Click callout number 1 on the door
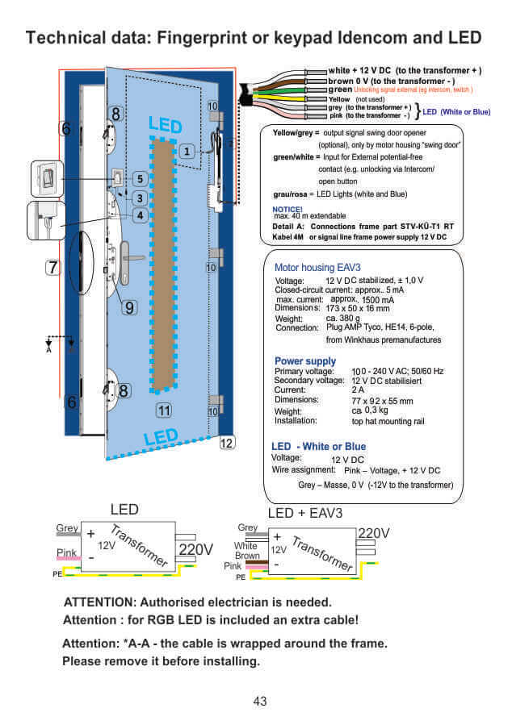(187, 151)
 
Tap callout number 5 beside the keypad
(140, 178)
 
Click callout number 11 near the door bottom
(164, 410)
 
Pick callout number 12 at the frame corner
(227, 442)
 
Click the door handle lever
(132, 259)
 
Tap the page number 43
(259, 702)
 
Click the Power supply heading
(305, 360)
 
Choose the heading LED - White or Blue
(318, 446)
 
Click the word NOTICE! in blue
(288, 208)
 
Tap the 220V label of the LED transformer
(195, 549)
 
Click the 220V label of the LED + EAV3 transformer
(373, 533)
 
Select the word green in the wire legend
(340, 90)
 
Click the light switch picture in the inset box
(48, 178)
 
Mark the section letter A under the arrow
(48, 350)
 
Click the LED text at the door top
(165, 125)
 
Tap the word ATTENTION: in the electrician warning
(100, 602)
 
